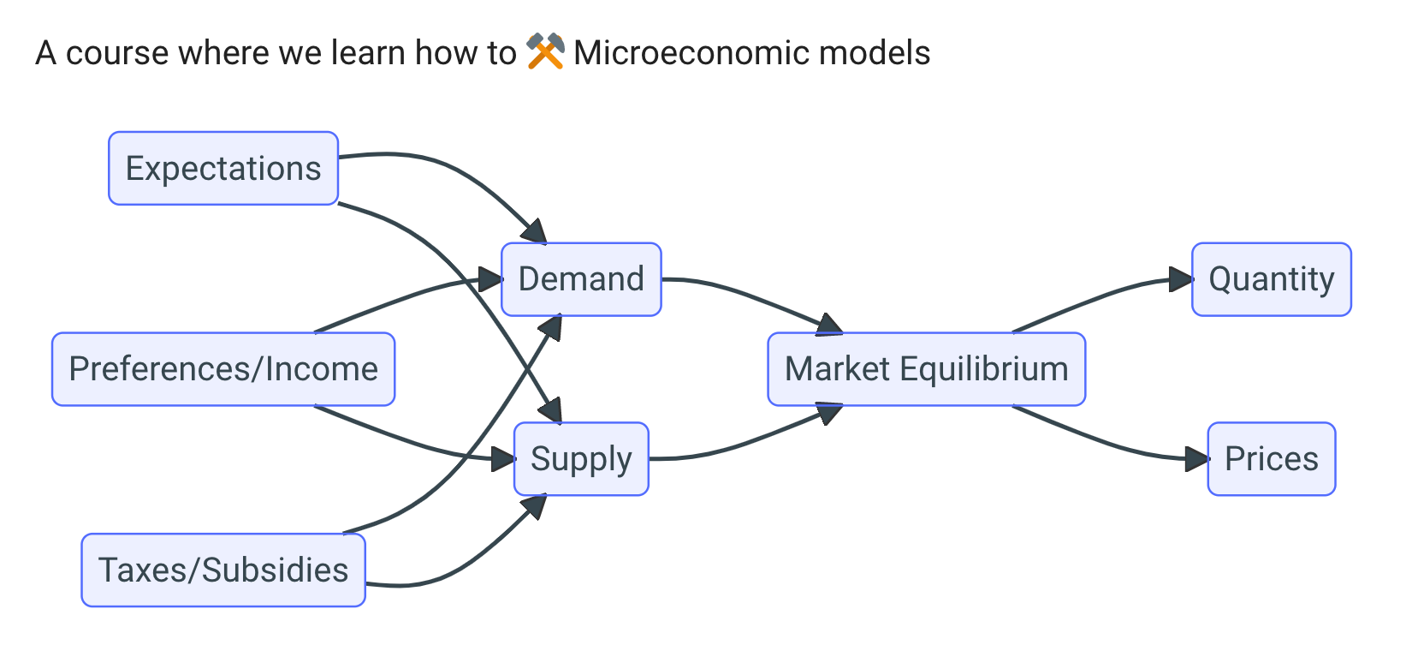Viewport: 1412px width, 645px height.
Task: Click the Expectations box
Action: coord(223,169)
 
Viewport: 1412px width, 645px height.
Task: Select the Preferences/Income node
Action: coord(223,369)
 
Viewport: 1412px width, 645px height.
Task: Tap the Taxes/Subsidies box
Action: coord(223,570)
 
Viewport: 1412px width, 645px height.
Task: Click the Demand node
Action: coord(581,279)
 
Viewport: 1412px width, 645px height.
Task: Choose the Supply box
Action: coord(581,459)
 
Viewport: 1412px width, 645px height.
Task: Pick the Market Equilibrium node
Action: coord(927,369)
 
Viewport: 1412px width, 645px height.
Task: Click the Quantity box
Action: coord(1272,279)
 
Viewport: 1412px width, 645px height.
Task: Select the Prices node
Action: coord(1272,459)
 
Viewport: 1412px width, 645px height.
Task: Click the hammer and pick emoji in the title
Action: coord(545,52)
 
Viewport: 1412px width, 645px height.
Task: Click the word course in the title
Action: coord(117,53)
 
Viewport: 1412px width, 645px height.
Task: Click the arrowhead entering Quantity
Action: coord(1181,279)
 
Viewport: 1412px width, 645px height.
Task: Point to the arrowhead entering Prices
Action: coord(1196,459)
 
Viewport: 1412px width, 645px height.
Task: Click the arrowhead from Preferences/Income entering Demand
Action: coord(491,279)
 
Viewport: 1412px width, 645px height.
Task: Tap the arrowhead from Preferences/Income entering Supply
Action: coord(504,459)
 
